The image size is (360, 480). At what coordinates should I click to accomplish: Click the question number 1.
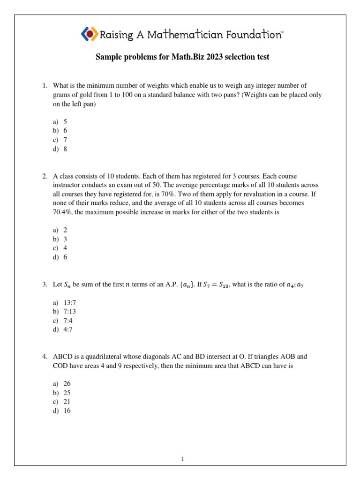coord(45,86)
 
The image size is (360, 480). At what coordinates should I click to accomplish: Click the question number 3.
coord(45,285)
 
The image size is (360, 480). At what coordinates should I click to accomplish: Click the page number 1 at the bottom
coord(183,459)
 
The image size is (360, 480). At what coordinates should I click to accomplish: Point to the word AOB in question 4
coord(287,357)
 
